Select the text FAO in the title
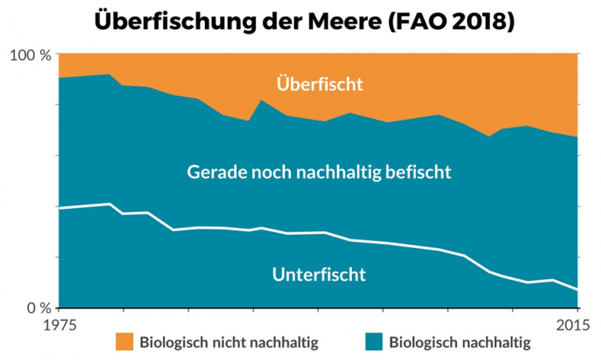point(414,21)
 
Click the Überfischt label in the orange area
point(319,84)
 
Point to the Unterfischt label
point(319,274)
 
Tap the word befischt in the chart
point(421,171)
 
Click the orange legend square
point(124,342)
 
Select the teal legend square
point(374,342)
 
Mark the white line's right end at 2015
point(578,290)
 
